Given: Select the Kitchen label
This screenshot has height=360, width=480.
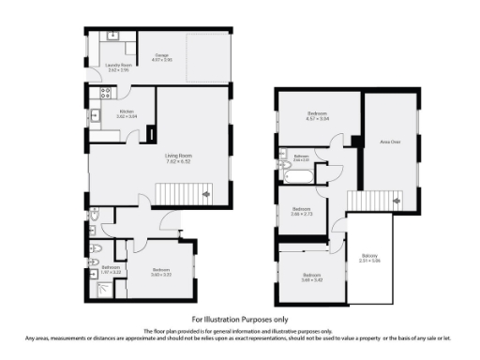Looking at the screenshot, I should tap(127, 114).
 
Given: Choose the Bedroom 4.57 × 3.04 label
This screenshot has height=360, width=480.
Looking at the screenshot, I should tap(319, 118).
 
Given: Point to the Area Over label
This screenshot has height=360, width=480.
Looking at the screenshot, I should tap(390, 142).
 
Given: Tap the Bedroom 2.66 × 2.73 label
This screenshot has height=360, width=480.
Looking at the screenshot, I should tap(301, 211).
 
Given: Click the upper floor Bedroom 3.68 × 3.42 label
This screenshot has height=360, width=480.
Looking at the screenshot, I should tap(312, 278).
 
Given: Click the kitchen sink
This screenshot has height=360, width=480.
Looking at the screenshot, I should tap(96, 116).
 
